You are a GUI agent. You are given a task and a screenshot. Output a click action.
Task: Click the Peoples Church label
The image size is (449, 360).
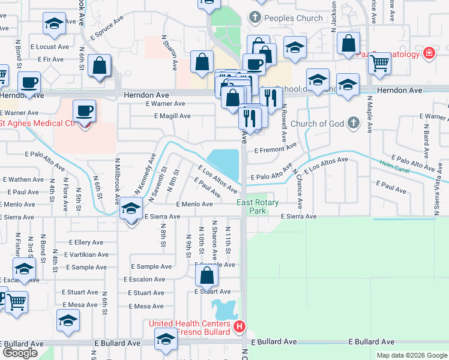coord(294,18)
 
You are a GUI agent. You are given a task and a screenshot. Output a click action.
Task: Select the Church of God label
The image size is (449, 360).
coord(318,124)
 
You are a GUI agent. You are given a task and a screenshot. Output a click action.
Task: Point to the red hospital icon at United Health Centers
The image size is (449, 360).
coord(240,328)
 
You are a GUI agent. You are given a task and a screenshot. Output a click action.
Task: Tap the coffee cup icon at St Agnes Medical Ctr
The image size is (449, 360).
coord(84,110)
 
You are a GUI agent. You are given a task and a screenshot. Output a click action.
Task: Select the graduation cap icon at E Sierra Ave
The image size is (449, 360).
coord(131,208)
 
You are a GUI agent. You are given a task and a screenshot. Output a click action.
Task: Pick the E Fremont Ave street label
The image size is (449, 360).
coord(276,148)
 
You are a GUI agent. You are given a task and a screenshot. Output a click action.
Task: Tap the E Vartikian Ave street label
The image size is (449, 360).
coord(89,254)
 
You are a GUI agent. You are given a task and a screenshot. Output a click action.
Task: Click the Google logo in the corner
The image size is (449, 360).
coord(20,353)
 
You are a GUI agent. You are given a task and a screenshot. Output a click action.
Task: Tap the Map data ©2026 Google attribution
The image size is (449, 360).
coord(412,355)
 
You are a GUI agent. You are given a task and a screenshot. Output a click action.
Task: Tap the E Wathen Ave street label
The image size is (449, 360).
coord(23,179)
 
